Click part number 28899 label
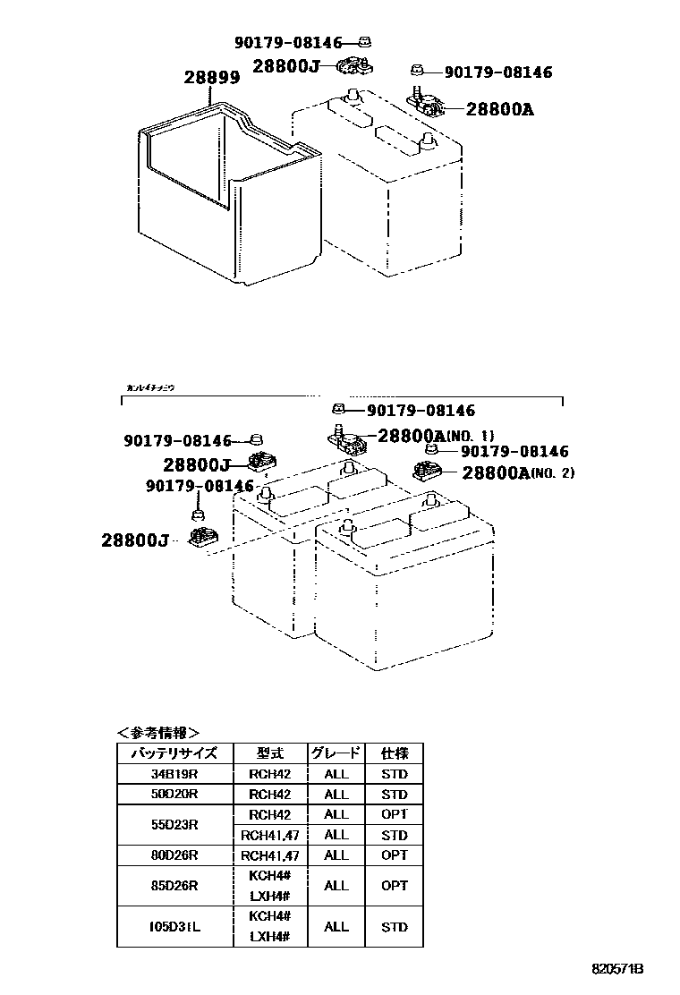coord(212,78)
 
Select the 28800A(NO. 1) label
coord(436,436)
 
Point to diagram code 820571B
coord(617,969)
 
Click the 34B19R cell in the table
coord(174,774)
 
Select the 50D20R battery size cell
coord(174,795)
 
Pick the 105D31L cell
coord(174,926)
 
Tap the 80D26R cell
coord(174,855)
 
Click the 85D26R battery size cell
coord(174,886)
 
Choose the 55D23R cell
coord(174,824)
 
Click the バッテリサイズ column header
coord(174,753)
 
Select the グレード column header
coord(336,753)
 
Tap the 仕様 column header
coord(394,753)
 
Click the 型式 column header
coord(270,753)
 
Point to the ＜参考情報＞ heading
coord(158,732)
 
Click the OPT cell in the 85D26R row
coord(394,886)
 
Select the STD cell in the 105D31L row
coord(394,926)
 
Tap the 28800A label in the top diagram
coord(499,109)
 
